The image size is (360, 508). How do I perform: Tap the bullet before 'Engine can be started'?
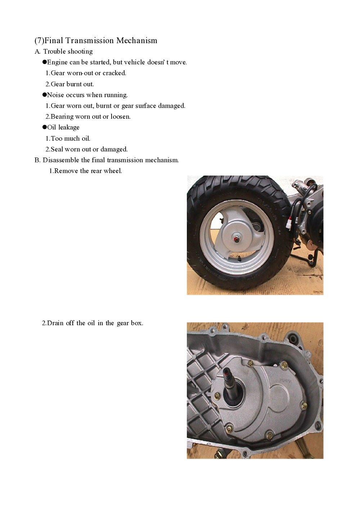point(45,62)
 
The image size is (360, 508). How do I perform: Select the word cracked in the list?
point(114,73)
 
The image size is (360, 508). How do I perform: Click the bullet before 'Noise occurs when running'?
point(45,95)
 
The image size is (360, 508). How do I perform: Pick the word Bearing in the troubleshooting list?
point(62,117)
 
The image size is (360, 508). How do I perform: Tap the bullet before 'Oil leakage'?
point(45,127)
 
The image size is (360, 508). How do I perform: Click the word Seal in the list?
point(57,149)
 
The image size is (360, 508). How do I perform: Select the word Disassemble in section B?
point(61,160)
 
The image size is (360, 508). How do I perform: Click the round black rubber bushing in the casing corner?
point(294,339)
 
